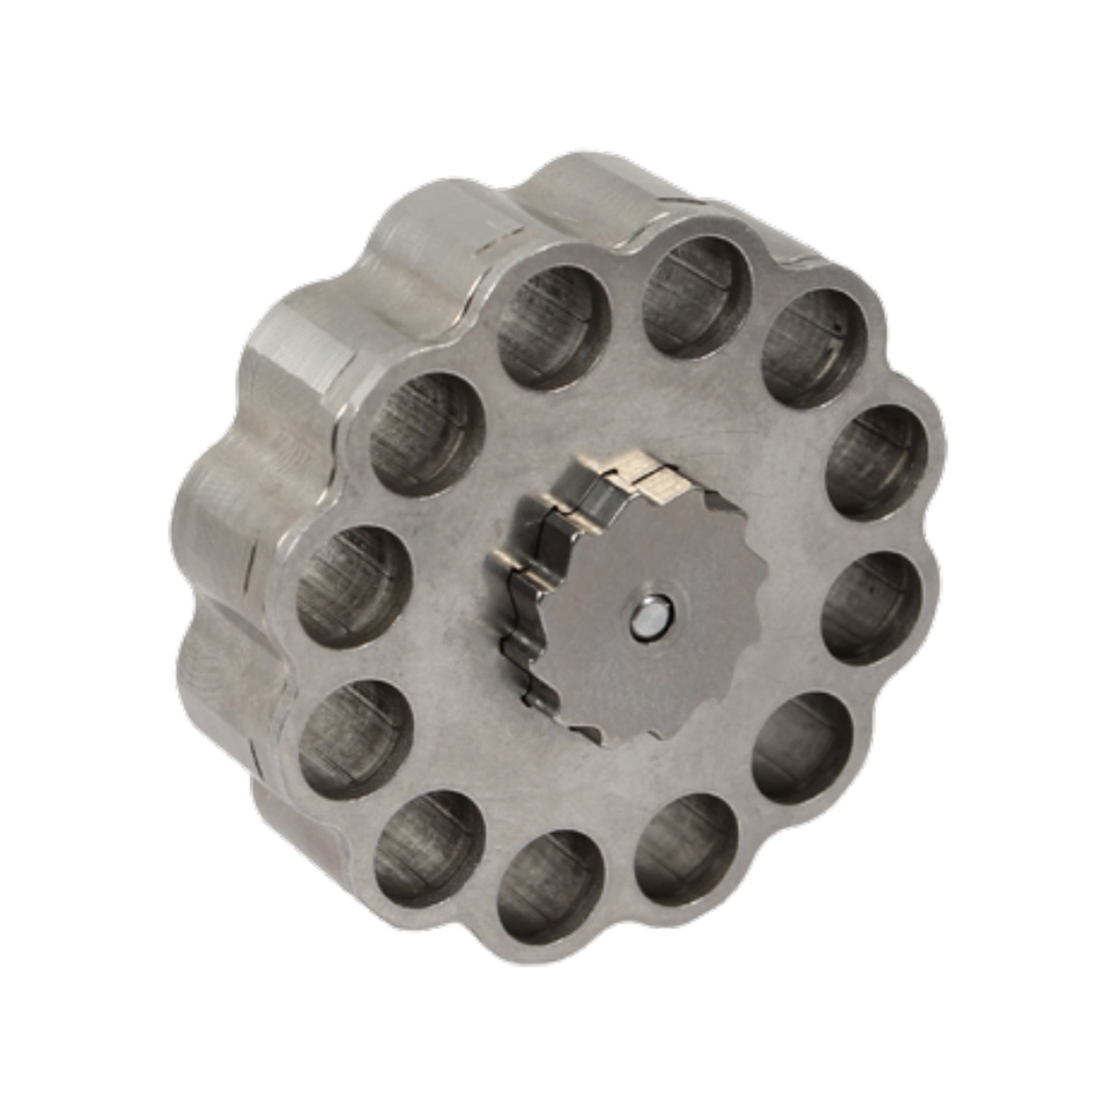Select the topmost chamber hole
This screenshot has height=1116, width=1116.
pos(698,296)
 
